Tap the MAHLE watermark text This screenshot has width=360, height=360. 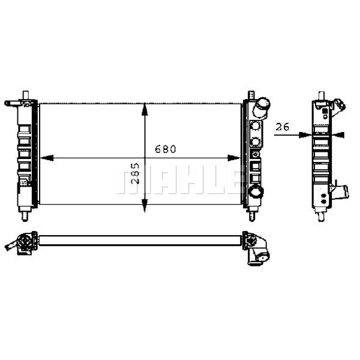pos(180,180)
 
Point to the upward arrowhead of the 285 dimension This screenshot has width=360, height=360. pos(144,109)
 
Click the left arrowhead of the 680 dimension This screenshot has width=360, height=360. pos(46,158)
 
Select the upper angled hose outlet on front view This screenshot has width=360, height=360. pos(262,107)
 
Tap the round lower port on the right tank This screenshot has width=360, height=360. pos(256,193)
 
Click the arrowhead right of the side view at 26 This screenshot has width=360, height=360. pos(340,135)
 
